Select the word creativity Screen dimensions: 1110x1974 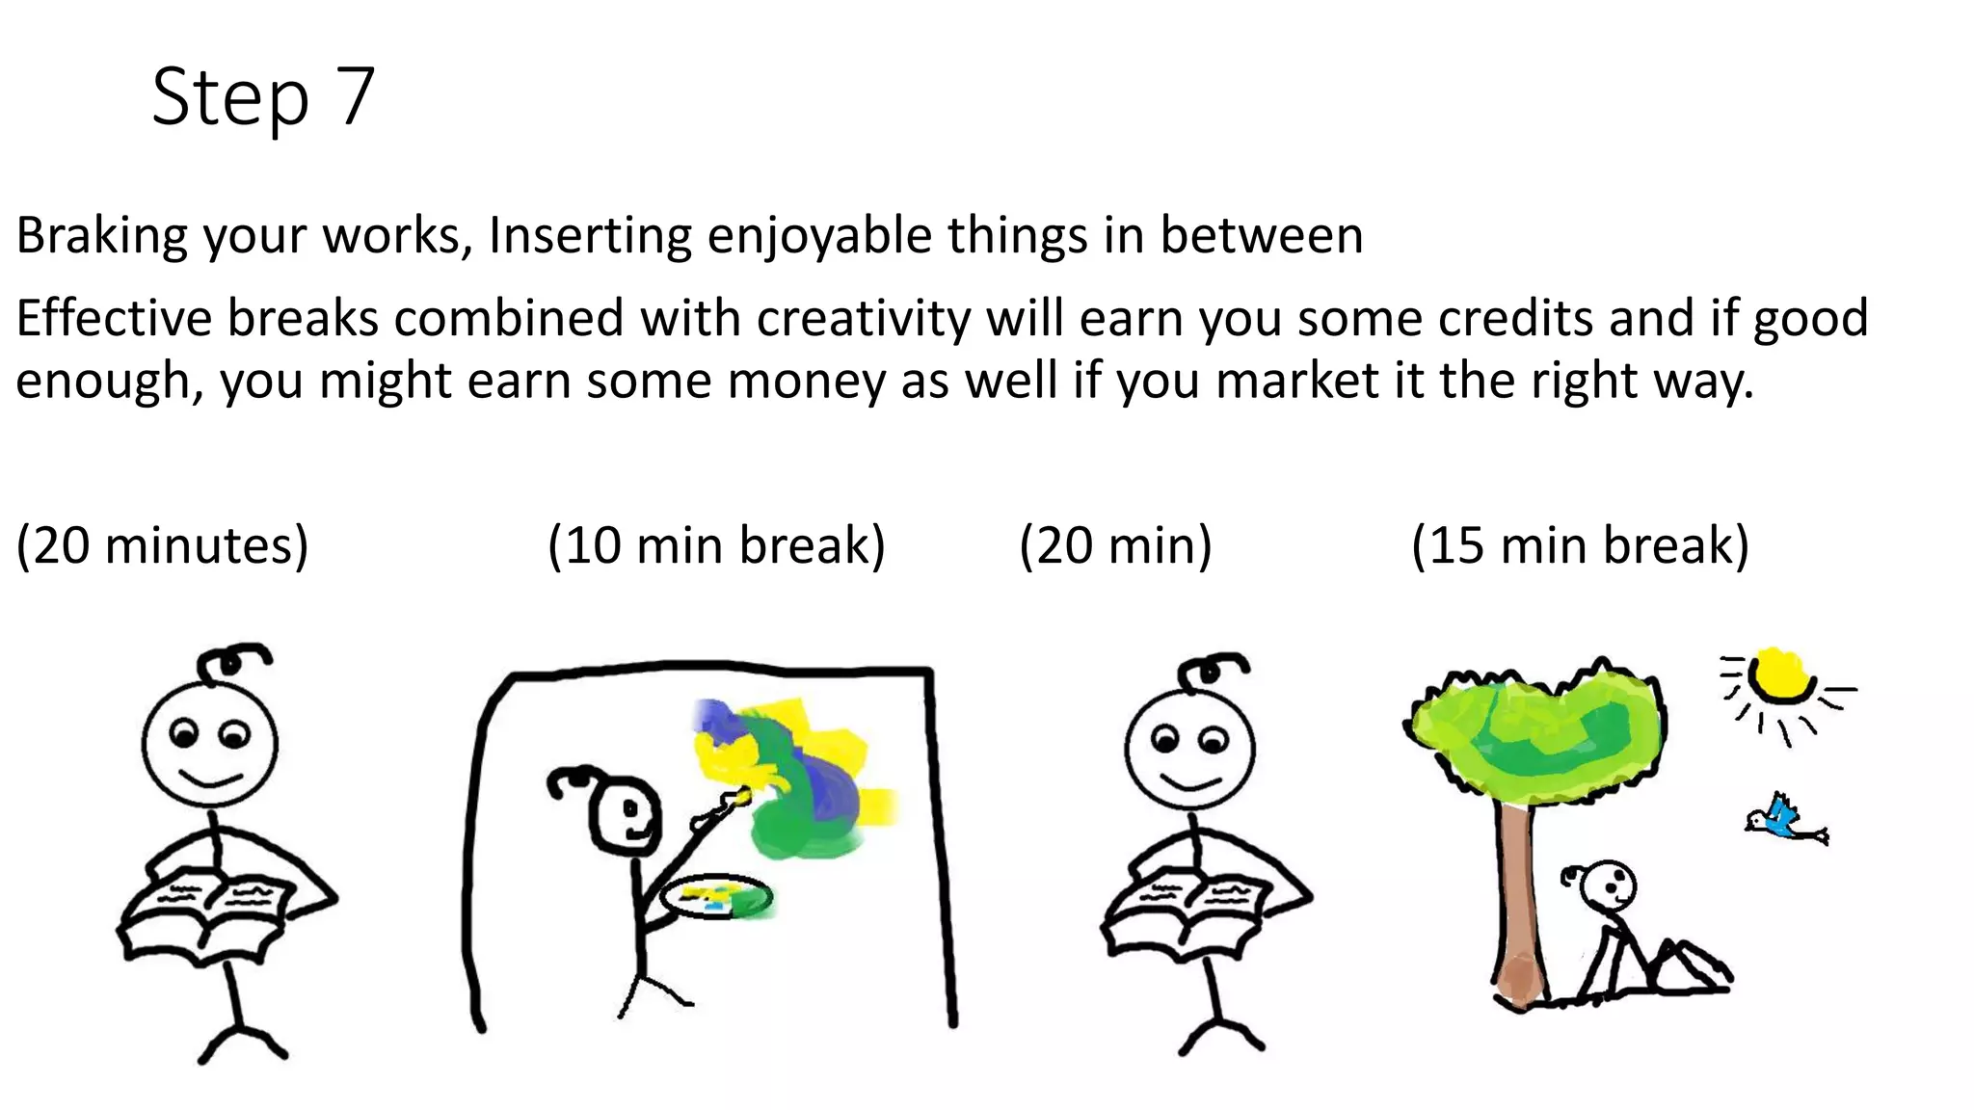(863, 318)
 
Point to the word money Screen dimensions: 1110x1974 (806, 381)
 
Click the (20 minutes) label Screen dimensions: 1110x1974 (162, 545)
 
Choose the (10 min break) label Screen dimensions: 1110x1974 (716, 545)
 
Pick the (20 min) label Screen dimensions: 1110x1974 (1115, 545)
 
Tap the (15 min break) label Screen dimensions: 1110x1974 (1580, 545)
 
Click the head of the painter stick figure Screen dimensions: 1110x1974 (625, 814)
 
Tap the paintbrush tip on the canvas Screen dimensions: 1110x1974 (742, 795)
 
